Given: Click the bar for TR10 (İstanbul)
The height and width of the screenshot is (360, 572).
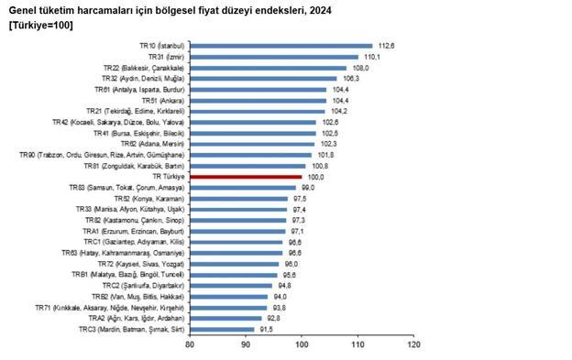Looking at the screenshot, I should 280,45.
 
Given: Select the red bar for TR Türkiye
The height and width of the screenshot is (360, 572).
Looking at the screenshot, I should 246,176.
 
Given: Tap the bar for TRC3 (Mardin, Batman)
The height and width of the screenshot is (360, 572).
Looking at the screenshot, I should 222,329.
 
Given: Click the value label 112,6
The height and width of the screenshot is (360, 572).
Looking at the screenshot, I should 386,45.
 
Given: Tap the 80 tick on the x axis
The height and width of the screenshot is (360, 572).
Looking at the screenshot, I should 190,345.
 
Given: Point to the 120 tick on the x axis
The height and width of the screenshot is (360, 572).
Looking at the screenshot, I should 414,345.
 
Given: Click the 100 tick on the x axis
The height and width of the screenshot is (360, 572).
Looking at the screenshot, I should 302,345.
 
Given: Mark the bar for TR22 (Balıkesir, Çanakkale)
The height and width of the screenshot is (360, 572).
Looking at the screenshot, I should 268,67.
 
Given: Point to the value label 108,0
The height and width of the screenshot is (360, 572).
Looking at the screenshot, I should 360,67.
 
